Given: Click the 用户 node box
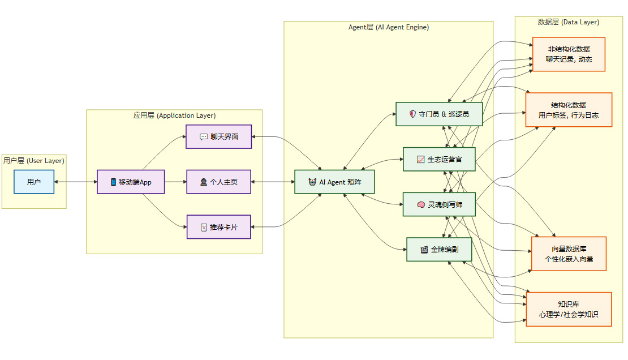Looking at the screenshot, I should pyautogui.click(x=34, y=182).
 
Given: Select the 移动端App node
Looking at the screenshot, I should pyautogui.click(x=131, y=182).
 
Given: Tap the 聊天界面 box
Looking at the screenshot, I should pyautogui.click(x=219, y=136).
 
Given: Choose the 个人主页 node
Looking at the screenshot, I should pyautogui.click(x=219, y=182).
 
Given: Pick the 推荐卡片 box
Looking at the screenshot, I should pyautogui.click(x=219, y=227).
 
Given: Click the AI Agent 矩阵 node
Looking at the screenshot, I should pyautogui.click(x=335, y=182).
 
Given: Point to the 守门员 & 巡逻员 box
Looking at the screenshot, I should pyautogui.click(x=439, y=114).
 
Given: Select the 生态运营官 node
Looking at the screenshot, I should pyautogui.click(x=439, y=159).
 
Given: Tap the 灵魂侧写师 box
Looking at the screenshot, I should pyautogui.click(x=439, y=204).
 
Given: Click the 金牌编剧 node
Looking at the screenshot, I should pyautogui.click(x=439, y=249).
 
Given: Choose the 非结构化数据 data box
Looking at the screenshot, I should pyautogui.click(x=569, y=54).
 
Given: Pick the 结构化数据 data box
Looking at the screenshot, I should pyautogui.click(x=569, y=110).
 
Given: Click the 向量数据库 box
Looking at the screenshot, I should pyautogui.click(x=569, y=254).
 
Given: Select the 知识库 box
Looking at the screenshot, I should pyautogui.click(x=569, y=309).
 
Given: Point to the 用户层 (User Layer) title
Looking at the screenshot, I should pyautogui.click(x=34, y=161).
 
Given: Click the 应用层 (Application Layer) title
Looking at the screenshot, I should pyautogui.click(x=174, y=115).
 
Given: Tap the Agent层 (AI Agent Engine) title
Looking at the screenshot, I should pyautogui.click(x=388, y=27).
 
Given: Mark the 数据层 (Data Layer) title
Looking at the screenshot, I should pyautogui.click(x=568, y=22).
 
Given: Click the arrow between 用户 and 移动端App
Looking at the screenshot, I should pyautogui.click(x=76, y=182).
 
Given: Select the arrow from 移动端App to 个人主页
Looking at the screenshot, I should pyautogui.click(x=175, y=182).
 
